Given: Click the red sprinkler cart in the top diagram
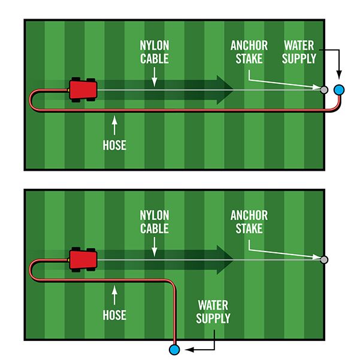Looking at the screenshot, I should click(83, 89).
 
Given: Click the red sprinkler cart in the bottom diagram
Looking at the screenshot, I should click(83, 259).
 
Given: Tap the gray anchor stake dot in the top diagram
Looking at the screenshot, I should click(324, 90).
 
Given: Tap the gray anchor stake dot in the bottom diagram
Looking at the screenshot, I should click(324, 260).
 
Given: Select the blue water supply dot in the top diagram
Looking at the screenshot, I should click(340, 90).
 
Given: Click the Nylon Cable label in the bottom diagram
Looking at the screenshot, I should click(154, 222).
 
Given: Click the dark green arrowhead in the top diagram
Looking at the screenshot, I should click(225, 89).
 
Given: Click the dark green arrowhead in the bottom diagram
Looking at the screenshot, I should click(225, 259).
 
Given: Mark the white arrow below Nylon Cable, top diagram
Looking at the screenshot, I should click(154, 76).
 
